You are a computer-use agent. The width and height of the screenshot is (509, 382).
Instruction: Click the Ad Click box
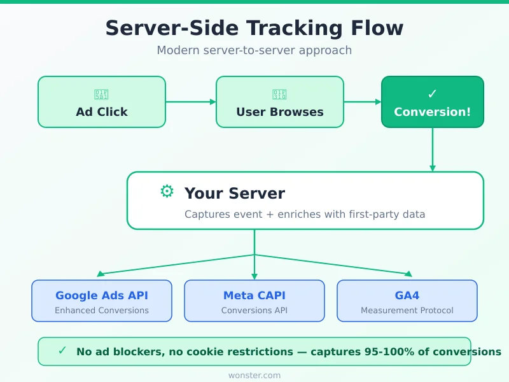102,102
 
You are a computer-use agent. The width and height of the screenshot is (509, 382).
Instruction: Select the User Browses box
280,102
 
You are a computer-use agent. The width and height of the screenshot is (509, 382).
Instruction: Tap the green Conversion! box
433,102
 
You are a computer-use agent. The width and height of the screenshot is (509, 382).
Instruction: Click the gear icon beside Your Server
167,192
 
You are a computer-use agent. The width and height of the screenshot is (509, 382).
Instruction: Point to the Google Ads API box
102,301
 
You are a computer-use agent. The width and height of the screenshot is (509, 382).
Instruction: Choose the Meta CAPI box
254,301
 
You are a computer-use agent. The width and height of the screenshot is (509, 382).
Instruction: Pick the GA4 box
407,301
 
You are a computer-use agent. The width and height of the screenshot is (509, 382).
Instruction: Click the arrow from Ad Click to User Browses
191,101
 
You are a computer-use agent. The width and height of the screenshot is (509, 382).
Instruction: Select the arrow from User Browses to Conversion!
363,101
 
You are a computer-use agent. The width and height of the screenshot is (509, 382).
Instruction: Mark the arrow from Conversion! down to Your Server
433,150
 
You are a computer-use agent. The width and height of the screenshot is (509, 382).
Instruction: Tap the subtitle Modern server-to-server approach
254,50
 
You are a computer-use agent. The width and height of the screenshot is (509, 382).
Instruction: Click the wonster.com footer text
254,376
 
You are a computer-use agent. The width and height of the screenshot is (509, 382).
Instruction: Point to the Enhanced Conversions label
102,311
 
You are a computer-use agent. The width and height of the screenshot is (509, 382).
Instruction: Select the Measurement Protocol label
407,311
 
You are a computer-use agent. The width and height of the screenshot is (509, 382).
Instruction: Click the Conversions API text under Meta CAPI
254,311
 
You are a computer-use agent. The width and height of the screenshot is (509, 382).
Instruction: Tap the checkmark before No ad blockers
62,351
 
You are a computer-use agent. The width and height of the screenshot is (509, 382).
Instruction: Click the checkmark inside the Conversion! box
433,94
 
